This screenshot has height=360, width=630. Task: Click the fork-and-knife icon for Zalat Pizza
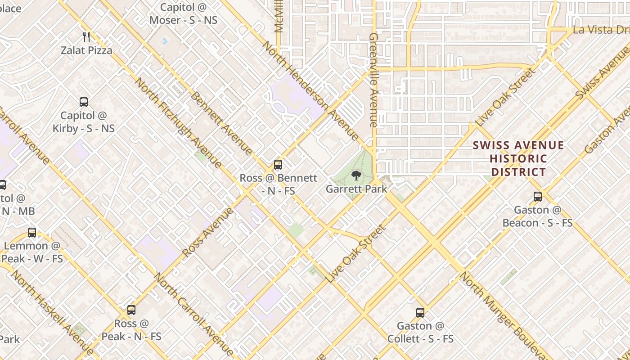(x=87, y=37)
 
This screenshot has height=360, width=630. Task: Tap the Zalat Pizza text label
(x=87, y=50)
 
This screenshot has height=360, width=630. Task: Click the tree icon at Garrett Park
(x=356, y=175)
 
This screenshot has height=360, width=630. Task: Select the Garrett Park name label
(x=356, y=189)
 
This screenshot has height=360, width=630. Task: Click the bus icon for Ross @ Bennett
(x=278, y=165)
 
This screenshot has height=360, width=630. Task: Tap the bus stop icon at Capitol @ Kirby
(x=84, y=102)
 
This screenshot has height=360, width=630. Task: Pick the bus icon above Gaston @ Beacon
(x=538, y=197)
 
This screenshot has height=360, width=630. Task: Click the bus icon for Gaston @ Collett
(x=420, y=312)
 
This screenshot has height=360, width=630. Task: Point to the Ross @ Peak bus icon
(x=131, y=310)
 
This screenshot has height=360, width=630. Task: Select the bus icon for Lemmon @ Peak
(x=32, y=233)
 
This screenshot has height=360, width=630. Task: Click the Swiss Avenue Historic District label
(x=518, y=158)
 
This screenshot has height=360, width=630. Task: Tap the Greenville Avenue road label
(x=373, y=80)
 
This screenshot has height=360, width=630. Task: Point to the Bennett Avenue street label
(x=221, y=124)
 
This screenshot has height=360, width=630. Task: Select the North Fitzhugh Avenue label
(x=178, y=122)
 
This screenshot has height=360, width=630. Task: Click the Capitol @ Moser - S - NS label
(x=183, y=14)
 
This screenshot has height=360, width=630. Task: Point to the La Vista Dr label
(x=601, y=30)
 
